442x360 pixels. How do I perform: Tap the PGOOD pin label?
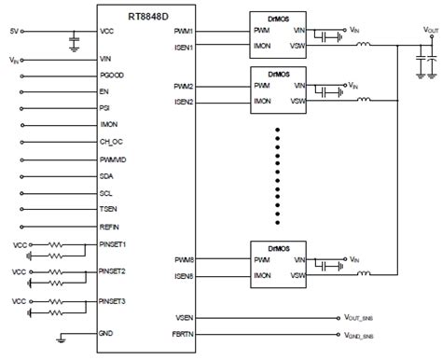pos(113,76)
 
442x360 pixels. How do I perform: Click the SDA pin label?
pos(108,176)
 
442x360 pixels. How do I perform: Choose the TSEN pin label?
pos(110,210)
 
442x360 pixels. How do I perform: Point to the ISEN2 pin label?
pos(183,102)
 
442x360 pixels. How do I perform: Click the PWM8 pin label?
pos(184,261)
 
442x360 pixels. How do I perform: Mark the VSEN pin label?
pos(183,316)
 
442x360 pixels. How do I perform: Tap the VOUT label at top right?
pos(431,30)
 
